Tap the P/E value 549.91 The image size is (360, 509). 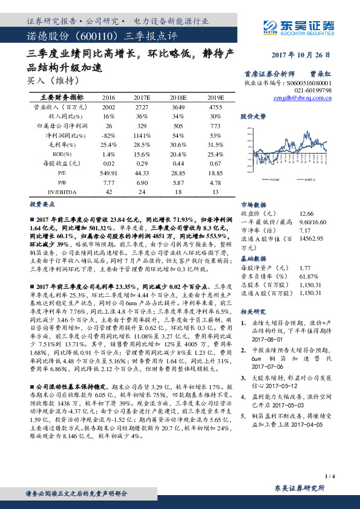pos(109,173)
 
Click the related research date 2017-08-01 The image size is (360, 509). pos(267,340)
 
